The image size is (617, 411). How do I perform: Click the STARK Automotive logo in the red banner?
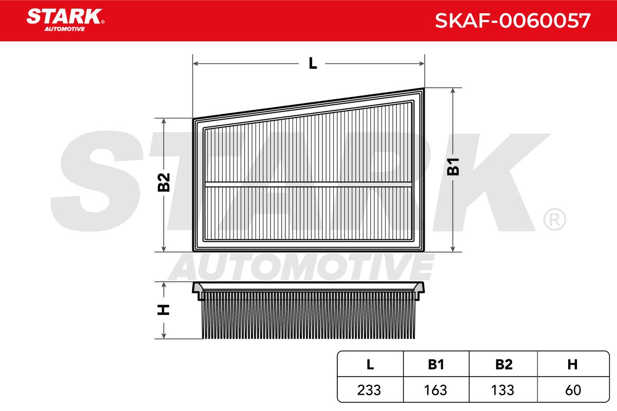[65, 20]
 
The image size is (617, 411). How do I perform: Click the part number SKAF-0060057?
[513, 21]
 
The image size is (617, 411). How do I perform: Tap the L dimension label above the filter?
[313, 63]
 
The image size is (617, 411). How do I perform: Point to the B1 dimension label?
[453, 167]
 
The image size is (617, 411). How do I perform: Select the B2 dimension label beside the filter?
[164, 182]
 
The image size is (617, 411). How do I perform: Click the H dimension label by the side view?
[164, 310]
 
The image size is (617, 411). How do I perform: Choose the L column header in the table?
[370, 364]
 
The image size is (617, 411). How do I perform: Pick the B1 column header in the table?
[436, 364]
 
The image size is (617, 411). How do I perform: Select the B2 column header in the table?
[504, 364]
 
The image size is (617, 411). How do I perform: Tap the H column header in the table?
[572, 364]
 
